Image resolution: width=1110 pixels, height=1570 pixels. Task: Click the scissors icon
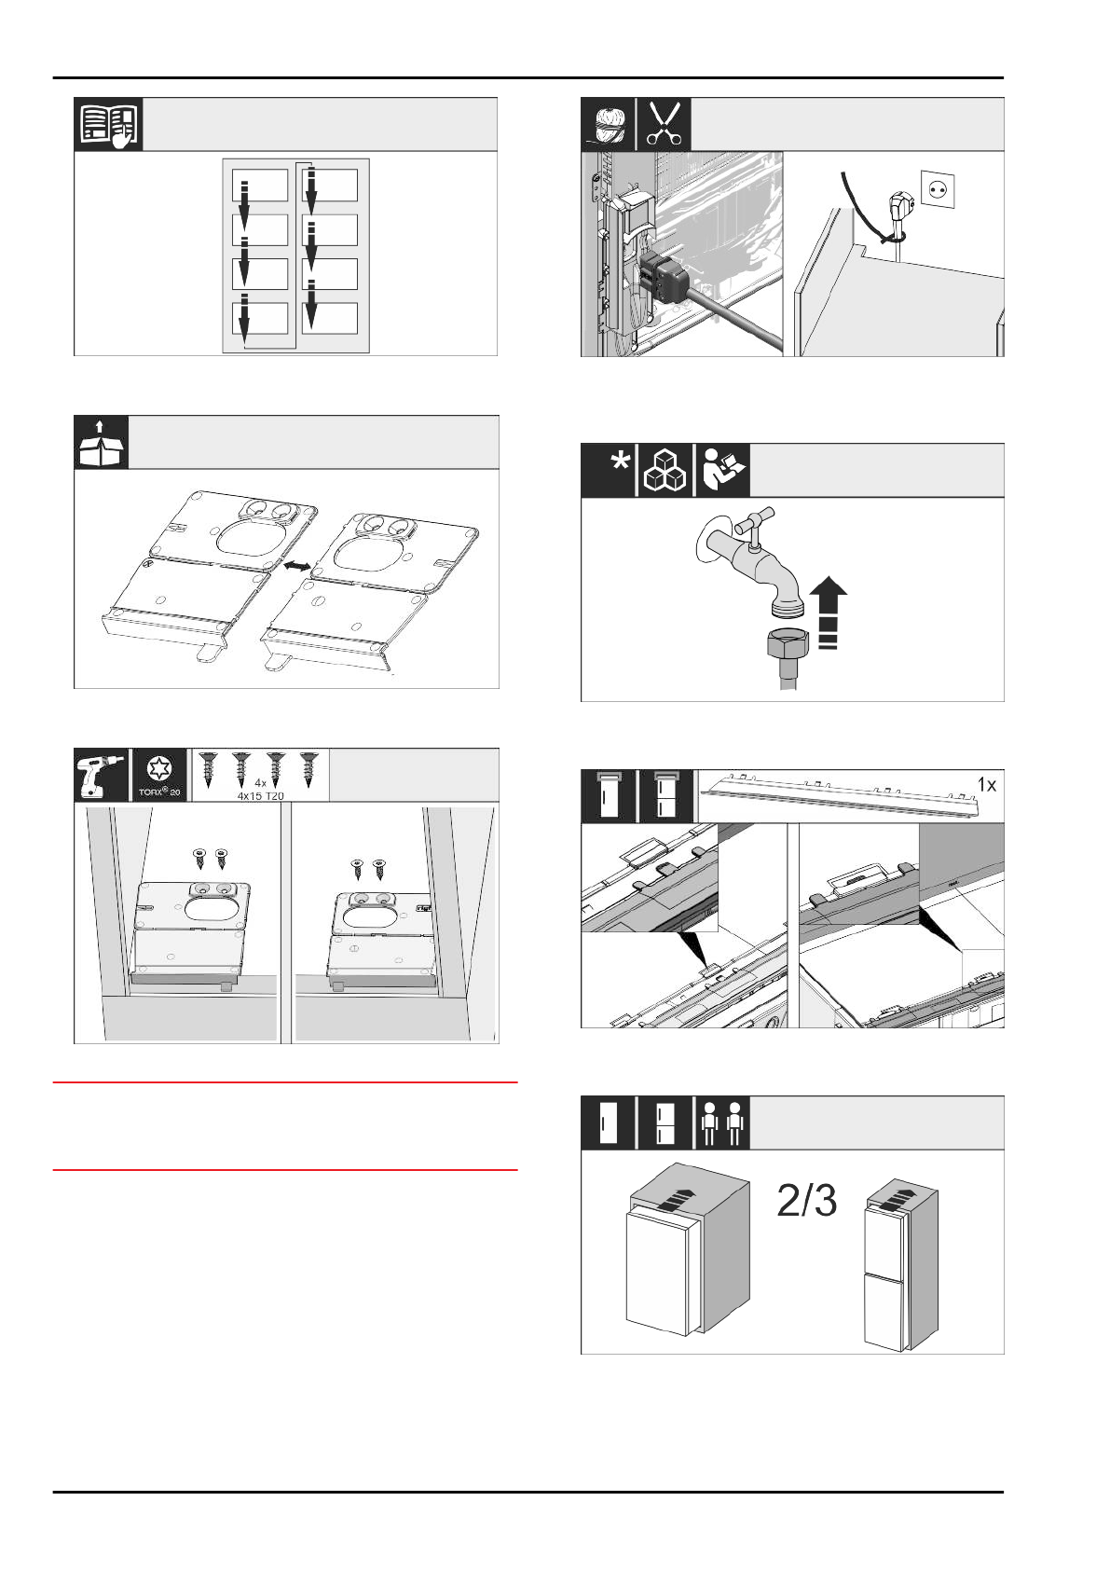pyautogui.click(x=665, y=123)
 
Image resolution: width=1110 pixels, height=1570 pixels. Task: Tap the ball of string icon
pyautogui.click(x=609, y=124)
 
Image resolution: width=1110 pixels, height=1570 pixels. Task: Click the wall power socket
pyautogui.click(x=939, y=186)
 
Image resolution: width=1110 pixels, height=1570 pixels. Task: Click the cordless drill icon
pyautogui.click(x=101, y=776)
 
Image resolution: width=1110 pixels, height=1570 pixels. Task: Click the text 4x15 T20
pyautogui.click(x=260, y=796)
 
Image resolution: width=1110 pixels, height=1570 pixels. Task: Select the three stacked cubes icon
pyautogui.click(x=665, y=470)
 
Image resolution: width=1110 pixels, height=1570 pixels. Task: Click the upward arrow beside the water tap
pyautogui.click(x=829, y=613)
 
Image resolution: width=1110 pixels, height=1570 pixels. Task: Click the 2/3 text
pyautogui.click(x=806, y=1203)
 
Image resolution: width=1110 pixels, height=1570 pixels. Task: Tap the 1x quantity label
pyautogui.click(x=986, y=785)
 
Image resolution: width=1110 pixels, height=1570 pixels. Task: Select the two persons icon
pyautogui.click(x=722, y=1122)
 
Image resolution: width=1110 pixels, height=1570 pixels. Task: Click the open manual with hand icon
pyautogui.click(x=109, y=124)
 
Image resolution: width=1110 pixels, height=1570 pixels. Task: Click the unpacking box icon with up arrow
pyautogui.click(x=100, y=444)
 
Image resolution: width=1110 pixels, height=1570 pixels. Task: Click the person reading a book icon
pyautogui.click(x=722, y=470)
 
